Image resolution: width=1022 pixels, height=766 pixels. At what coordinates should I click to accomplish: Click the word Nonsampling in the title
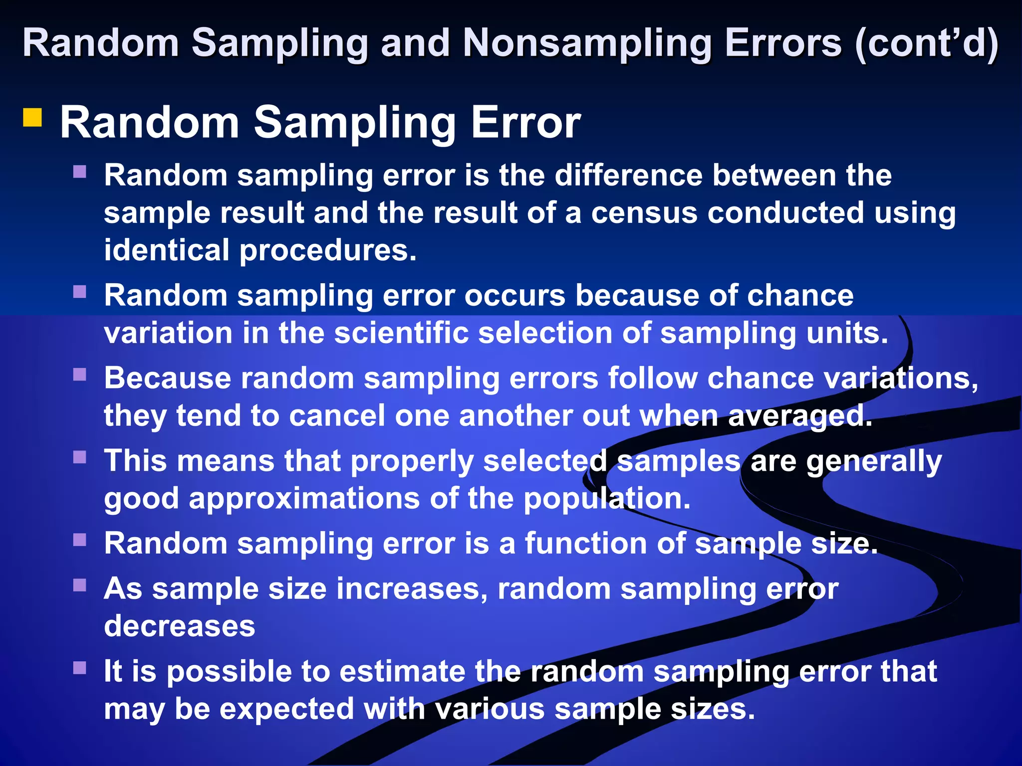pos(587,44)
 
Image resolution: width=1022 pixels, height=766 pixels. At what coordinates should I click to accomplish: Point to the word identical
pos(167,250)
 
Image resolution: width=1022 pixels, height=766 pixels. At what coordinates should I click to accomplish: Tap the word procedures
pos(327,251)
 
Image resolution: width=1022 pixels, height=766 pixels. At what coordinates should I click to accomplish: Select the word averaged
pos(800,416)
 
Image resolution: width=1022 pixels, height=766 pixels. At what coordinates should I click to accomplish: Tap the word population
pos(607,498)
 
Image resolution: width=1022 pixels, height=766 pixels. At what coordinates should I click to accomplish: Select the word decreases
pos(180,626)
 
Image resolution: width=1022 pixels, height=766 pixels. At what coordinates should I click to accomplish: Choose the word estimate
pos(402,671)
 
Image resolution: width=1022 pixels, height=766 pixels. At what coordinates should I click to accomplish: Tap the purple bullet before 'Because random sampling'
pos(80,375)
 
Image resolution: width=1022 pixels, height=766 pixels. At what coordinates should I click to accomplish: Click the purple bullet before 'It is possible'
pos(80,668)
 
